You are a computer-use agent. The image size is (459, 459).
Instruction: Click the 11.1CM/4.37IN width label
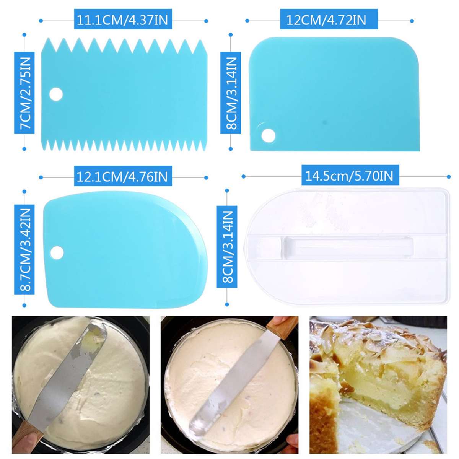[x=123, y=20]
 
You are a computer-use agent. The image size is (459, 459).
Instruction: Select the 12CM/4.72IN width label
[x=326, y=20]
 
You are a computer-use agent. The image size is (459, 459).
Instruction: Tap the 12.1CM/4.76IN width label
[x=122, y=177]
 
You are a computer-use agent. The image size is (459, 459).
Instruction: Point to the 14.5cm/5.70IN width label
[x=349, y=176]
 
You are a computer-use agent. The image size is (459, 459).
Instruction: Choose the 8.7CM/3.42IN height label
[x=24, y=249]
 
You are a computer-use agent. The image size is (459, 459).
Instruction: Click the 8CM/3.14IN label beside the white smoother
[x=227, y=247]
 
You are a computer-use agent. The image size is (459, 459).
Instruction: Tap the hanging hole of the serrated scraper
[x=56, y=94]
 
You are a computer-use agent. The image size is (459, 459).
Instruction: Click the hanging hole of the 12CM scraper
[x=268, y=135]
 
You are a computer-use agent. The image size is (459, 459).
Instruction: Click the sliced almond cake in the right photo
[x=379, y=371]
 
